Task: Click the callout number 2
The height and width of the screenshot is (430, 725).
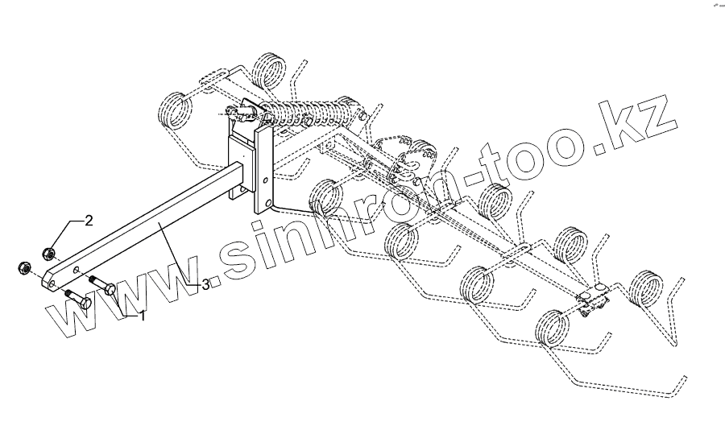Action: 89,220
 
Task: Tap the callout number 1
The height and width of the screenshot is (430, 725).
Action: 143,316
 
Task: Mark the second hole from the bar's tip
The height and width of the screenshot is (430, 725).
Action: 76,270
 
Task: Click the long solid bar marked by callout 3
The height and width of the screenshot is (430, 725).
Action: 153,225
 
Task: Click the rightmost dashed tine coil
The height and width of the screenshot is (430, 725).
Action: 647,287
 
